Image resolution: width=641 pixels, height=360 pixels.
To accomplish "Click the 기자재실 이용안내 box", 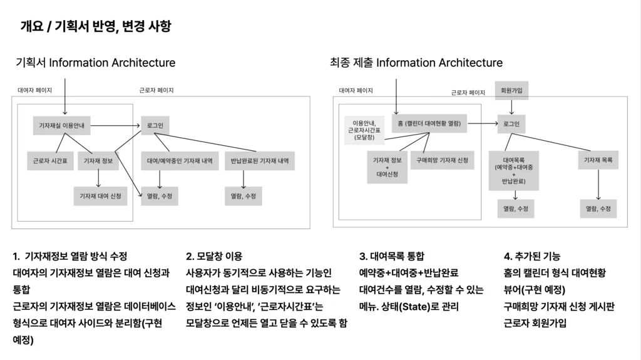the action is click(62, 126).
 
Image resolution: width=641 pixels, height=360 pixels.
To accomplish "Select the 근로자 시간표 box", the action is click(50, 161).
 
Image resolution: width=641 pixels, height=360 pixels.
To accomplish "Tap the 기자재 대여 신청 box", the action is click(100, 196).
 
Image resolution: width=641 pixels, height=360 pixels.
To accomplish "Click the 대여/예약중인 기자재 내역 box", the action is click(180, 161).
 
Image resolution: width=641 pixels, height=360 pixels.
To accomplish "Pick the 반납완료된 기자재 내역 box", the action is click(260, 161).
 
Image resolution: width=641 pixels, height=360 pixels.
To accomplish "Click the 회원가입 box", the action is click(511, 90).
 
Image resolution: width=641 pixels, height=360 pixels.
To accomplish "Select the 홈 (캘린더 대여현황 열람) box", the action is click(429, 123).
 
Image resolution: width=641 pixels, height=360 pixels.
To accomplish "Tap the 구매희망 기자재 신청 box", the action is click(443, 160).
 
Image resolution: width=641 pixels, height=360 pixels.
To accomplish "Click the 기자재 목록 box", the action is click(598, 160).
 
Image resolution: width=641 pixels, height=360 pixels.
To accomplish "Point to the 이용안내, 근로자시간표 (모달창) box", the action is click(364, 130).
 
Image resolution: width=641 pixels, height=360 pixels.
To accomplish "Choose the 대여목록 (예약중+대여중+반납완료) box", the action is click(514, 170).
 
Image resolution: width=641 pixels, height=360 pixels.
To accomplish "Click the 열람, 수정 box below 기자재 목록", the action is click(598, 208).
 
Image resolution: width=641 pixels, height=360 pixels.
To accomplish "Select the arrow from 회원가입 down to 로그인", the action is click(511, 107).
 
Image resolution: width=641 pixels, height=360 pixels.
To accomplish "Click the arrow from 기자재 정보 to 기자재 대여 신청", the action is click(98, 178).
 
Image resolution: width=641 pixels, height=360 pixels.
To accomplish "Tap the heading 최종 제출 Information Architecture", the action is click(416, 63).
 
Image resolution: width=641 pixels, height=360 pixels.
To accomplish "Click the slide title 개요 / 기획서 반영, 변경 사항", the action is click(96, 26).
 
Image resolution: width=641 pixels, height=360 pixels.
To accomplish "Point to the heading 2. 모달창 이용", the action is click(214, 257).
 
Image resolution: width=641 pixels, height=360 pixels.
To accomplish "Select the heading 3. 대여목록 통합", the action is click(392, 257).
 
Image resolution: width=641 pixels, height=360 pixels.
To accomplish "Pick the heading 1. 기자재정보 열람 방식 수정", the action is click(70, 257).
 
